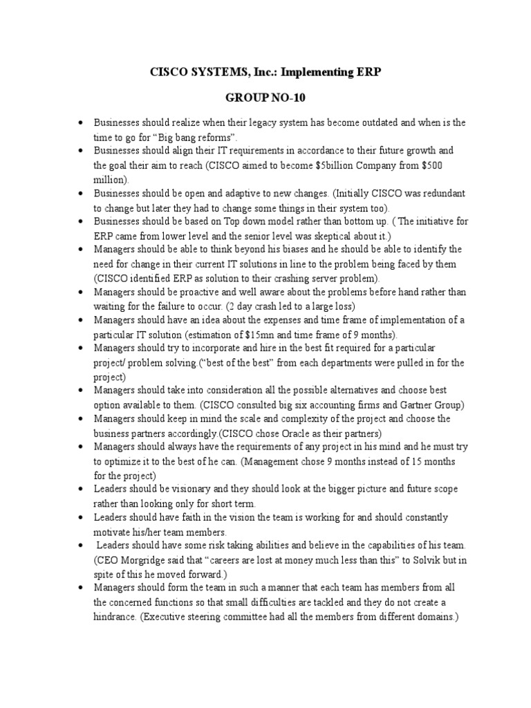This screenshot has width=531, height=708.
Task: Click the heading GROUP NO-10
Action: click(x=265, y=98)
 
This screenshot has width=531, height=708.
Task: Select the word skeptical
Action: click(x=302, y=235)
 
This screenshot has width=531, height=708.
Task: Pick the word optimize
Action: click(x=122, y=461)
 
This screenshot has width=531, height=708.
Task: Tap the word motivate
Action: click(x=112, y=532)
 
